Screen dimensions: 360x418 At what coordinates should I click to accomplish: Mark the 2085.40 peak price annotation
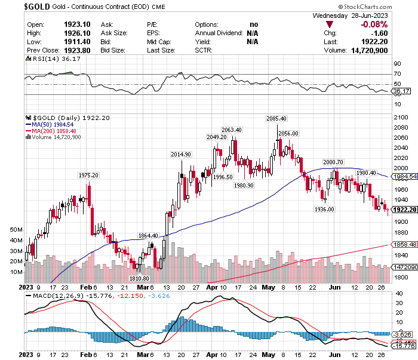click(276, 119)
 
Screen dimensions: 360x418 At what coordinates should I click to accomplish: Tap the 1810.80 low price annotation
click(139, 278)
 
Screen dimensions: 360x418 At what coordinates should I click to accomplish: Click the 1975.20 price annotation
click(88, 175)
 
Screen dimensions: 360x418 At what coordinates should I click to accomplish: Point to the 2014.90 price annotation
click(180, 155)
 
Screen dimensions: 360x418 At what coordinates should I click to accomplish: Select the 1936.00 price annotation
click(324, 209)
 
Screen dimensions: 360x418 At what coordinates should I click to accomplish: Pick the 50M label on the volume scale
click(16, 229)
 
